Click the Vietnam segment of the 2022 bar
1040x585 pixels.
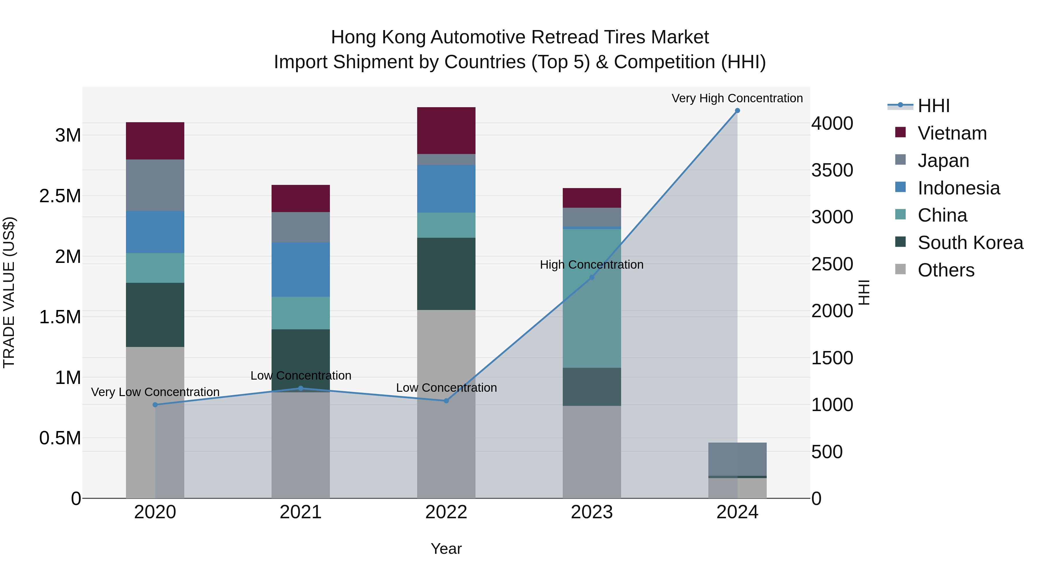(446, 130)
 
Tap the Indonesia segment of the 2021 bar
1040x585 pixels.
(300, 269)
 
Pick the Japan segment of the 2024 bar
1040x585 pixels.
(737, 459)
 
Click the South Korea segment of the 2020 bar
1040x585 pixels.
(155, 315)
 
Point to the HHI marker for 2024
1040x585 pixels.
(737, 111)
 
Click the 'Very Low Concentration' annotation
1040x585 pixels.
(155, 392)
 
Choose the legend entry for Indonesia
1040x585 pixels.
(959, 188)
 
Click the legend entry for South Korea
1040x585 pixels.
(970, 243)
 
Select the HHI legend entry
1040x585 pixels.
(933, 106)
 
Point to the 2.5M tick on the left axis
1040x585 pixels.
(60, 196)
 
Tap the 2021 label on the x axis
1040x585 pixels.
(300, 512)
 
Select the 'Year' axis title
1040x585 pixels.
(446, 549)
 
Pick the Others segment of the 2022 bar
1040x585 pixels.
(446, 404)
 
